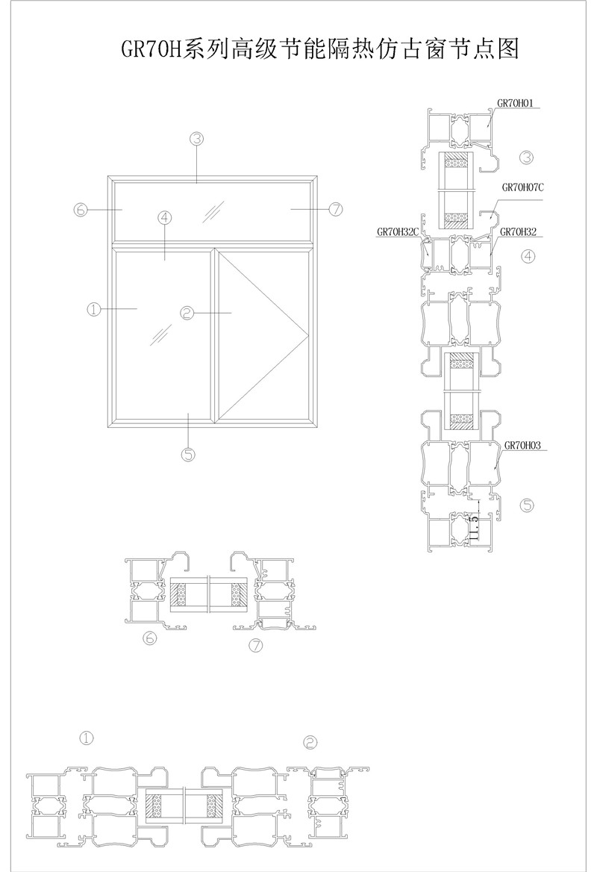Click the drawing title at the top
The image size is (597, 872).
pyautogui.click(x=319, y=49)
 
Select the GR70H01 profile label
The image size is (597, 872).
pyautogui.click(x=515, y=103)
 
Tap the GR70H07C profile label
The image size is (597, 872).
pyautogui.click(x=522, y=187)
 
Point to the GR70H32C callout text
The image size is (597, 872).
pyautogui.click(x=398, y=232)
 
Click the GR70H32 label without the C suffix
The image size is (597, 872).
pyautogui.click(x=518, y=232)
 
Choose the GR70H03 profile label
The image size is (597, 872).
pyautogui.click(x=522, y=445)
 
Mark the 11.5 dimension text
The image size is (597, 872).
pyautogui.click(x=474, y=526)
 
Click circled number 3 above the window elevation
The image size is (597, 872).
pyautogui.click(x=197, y=138)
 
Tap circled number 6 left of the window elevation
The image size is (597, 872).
pyautogui.click(x=81, y=210)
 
